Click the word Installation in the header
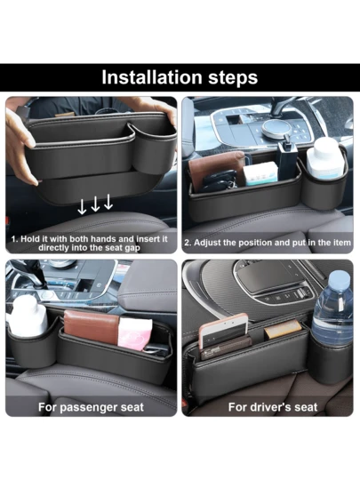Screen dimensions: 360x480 point(151,77)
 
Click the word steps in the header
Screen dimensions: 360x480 point(233,78)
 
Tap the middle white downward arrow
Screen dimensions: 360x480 point(95,204)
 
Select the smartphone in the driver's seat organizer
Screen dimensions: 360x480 point(224,331)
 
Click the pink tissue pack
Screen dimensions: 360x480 point(135,332)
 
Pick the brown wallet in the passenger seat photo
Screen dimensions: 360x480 point(92,329)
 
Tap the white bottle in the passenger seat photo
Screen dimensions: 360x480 point(28,316)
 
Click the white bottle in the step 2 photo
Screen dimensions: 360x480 point(324,160)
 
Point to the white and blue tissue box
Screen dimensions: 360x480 point(261,173)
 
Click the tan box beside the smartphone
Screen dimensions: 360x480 point(283,329)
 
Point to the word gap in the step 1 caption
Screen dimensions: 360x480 point(132,248)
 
